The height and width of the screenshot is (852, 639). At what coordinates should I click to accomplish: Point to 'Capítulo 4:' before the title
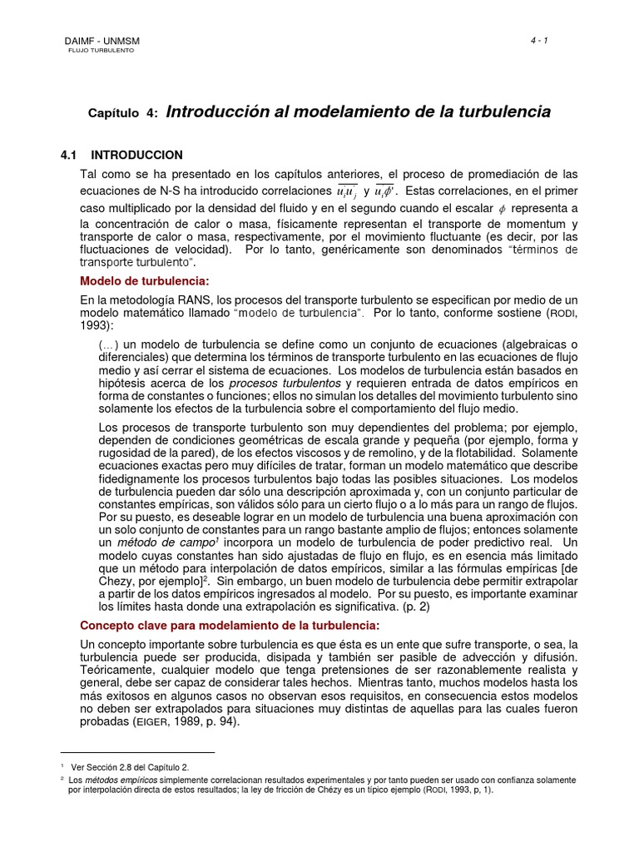[123, 113]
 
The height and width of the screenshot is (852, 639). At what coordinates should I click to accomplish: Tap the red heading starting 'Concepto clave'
[229, 625]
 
